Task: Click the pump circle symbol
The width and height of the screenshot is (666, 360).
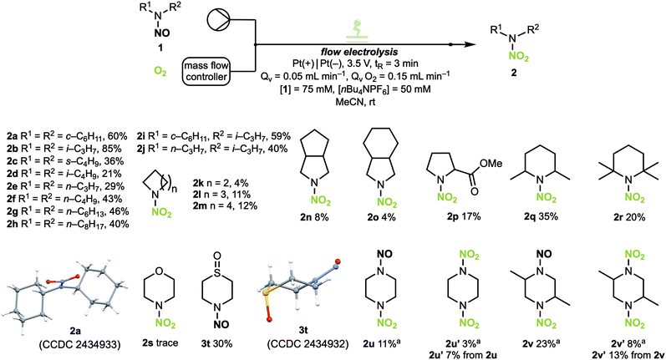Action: click(x=218, y=19)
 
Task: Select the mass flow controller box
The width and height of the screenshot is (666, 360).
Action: click(x=207, y=71)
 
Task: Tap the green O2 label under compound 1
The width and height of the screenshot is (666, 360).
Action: click(x=160, y=72)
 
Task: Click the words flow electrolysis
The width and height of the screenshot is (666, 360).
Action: click(x=359, y=53)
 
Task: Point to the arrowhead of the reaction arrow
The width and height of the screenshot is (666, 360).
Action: click(x=470, y=44)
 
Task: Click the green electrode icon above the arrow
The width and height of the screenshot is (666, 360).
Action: click(x=356, y=32)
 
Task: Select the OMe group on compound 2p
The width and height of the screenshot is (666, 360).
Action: click(x=491, y=164)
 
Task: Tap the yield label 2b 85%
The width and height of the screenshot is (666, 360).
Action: click(x=64, y=149)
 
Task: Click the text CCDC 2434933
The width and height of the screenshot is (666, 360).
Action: click(x=79, y=344)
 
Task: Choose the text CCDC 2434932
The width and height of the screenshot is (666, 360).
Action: click(x=308, y=344)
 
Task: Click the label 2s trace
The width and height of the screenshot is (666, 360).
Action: click(x=160, y=343)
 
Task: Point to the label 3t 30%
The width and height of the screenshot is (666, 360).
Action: click(x=216, y=343)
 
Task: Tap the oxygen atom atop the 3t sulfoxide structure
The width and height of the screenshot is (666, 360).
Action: click(x=217, y=256)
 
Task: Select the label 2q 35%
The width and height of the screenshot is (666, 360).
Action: click(x=541, y=216)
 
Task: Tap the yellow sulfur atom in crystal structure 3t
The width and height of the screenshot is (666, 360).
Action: click(x=265, y=293)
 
